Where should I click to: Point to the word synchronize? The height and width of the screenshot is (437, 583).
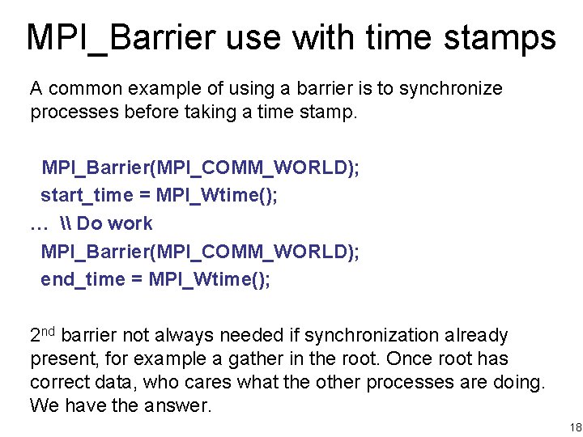[x=449, y=88]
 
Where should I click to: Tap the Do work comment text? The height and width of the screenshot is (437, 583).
[x=114, y=223]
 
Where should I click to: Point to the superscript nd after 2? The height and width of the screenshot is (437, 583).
[x=48, y=330]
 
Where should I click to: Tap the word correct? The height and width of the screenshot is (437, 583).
[x=59, y=382]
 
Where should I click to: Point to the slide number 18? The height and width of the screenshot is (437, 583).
[x=575, y=426]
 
